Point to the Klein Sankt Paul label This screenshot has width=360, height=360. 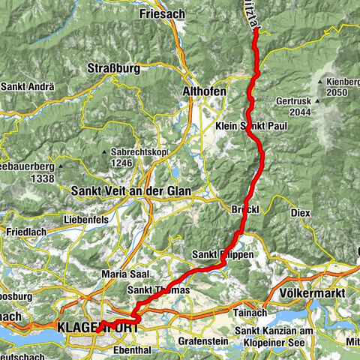(x=251, y=127)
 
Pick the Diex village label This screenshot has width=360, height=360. (x=300, y=212)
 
